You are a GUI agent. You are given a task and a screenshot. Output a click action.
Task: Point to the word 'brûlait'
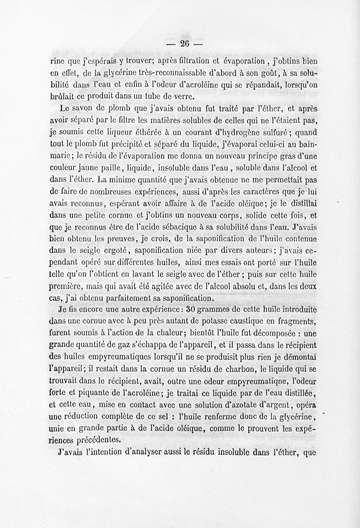click(x=62, y=96)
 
